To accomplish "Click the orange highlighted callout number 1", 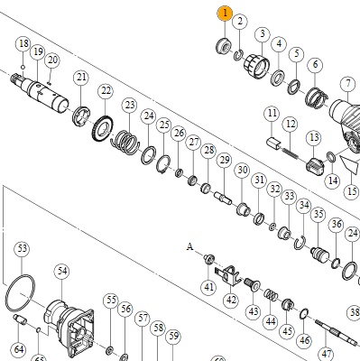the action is [225, 14].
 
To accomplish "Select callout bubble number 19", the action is [38, 52].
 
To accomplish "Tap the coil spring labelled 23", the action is [125, 142].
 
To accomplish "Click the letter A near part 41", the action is [189, 246].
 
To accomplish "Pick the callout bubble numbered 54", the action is [62, 271].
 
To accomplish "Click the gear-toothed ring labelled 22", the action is [103, 128].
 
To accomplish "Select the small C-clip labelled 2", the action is [238, 54].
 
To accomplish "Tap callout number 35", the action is [318, 214].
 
